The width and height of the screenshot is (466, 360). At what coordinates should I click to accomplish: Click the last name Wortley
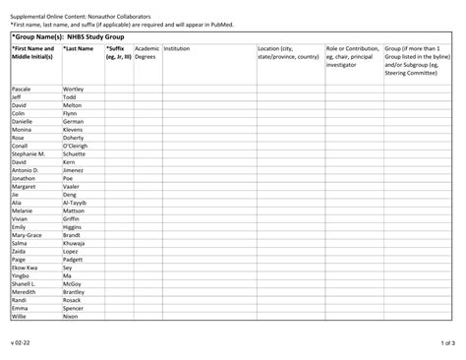[74, 89]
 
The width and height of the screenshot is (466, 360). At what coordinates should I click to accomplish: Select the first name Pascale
[22, 89]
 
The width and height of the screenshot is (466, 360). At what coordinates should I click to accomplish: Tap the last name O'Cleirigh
[79, 146]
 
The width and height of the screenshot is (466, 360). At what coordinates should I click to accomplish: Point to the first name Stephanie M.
[29, 153]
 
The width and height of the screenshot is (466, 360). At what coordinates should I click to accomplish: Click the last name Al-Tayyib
[76, 203]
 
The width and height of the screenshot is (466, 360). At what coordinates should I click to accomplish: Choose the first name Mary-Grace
[27, 235]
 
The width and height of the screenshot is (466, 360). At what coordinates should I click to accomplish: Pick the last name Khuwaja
[75, 243]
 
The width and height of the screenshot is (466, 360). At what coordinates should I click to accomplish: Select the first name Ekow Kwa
[25, 268]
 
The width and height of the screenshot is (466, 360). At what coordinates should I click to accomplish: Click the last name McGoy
[72, 283]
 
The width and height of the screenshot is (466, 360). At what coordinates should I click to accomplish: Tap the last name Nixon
[70, 316]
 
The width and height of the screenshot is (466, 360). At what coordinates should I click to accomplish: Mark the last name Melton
[72, 105]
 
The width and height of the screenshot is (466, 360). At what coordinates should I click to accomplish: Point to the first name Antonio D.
[26, 170]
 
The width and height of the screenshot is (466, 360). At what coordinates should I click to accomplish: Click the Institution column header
[178, 47]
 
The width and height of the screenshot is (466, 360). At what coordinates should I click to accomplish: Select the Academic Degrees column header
[146, 52]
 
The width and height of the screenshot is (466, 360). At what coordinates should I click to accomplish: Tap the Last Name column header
[78, 47]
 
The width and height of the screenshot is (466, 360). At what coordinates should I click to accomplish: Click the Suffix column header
[118, 52]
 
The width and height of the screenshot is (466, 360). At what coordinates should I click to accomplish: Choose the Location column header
[287, 52]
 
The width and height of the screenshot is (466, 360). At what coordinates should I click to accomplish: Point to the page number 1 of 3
[447, 343]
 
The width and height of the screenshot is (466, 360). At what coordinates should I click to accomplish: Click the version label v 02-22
[22, 343]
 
